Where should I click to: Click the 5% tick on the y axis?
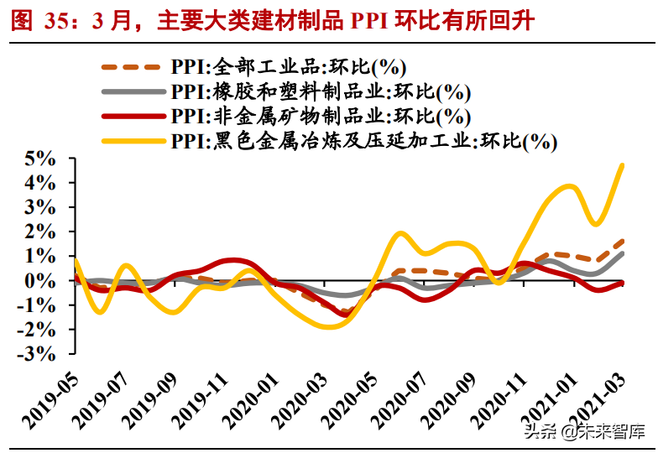coord(41,158)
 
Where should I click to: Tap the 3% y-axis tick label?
coord(41,206)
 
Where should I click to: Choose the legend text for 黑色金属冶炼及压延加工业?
coord(363,140)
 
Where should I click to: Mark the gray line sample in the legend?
coord(130,91)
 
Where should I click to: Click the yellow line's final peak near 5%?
coord(622,164)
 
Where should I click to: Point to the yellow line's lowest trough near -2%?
coord(327,327)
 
